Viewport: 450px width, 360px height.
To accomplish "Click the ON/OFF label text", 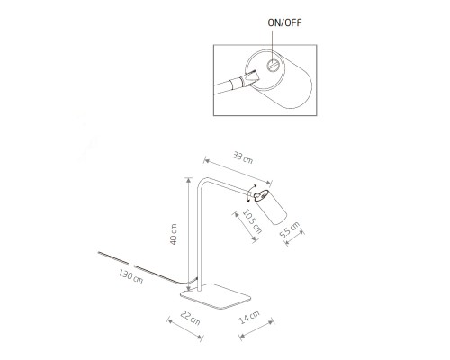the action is (284, 22).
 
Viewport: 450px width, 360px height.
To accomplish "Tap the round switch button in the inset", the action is (273, 66).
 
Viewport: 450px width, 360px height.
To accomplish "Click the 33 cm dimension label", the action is (243, 157).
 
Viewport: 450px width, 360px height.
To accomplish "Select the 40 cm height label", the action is (174, 234).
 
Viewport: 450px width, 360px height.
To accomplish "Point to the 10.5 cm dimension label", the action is (252, 221).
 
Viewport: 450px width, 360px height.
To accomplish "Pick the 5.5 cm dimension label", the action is (290, 229).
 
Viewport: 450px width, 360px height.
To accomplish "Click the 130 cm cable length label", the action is (130, 276).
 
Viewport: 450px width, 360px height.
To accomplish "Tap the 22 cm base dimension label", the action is (190, 318).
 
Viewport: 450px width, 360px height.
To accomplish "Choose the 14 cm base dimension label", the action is (249, 317).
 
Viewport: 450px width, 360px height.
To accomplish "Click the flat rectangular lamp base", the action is (215, 296).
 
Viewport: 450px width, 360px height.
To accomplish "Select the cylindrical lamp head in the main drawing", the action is (270, 207).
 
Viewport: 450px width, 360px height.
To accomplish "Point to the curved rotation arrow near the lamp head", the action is (247, 193).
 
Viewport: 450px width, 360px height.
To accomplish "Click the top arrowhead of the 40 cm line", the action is (188, 180).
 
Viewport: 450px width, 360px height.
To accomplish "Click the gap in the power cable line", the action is (131, 265).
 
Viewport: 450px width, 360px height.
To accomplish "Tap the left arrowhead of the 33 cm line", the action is (206, 160).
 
